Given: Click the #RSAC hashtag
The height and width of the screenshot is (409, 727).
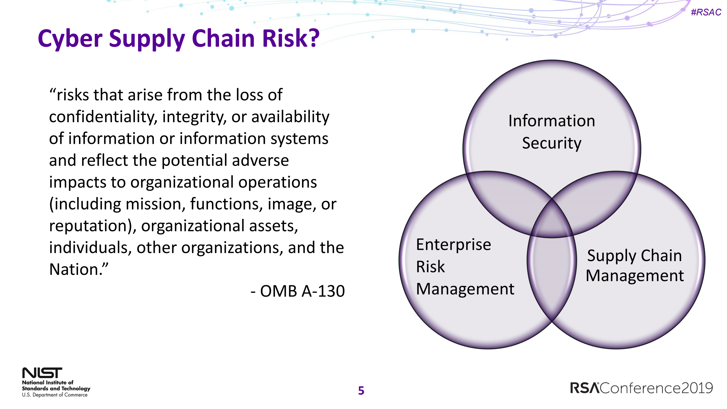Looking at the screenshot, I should click(x=706, y=12).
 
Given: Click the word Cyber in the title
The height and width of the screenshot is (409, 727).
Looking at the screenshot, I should click(x=70, y=39).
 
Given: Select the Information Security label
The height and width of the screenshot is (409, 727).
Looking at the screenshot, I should click(x=551, y=132).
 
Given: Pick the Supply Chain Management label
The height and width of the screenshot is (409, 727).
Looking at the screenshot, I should click(x=634, y=265).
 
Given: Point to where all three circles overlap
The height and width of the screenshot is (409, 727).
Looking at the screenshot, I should click(x=552, y=220).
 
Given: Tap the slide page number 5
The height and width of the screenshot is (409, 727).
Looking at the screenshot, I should click(x=361, y=391).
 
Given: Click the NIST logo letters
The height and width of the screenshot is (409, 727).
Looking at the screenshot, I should click(x=42, y=373).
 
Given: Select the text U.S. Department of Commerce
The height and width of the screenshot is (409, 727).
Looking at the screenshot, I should click(x=55, y=395).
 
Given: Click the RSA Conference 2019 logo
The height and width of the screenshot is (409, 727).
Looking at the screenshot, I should click(x=641, y=388).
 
